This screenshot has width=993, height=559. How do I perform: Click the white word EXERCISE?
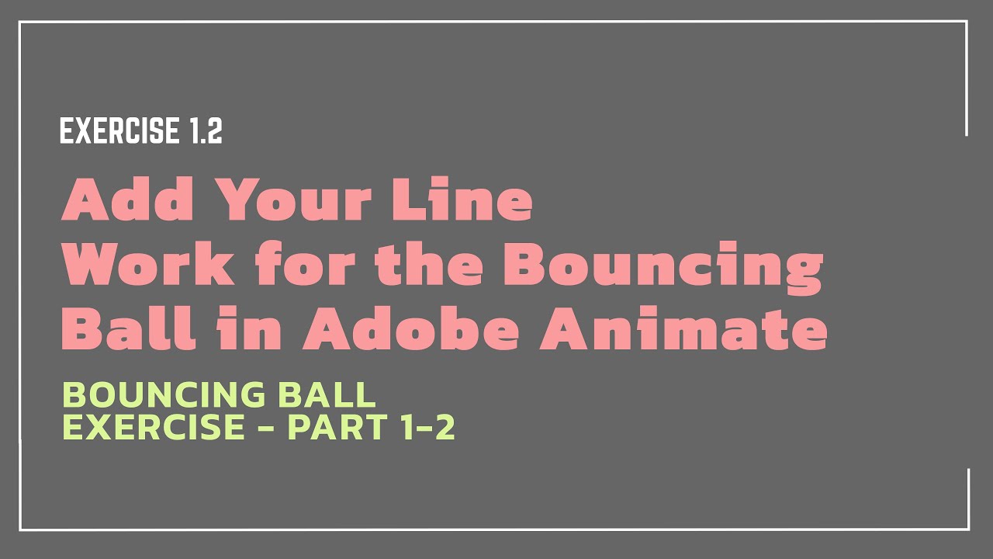119,131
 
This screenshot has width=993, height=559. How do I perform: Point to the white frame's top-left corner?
20,23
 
